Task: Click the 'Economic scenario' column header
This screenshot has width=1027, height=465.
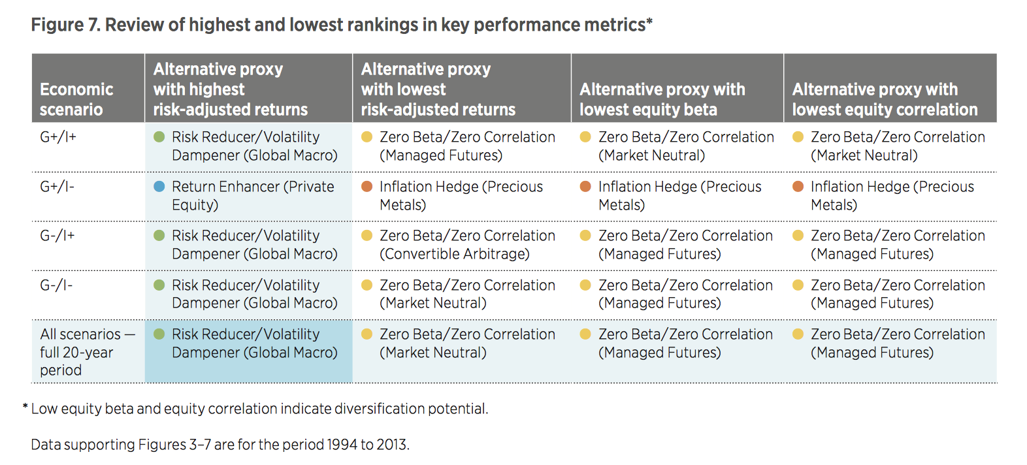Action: pos(76,99)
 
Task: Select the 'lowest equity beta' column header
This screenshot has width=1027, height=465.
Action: pos(662,99)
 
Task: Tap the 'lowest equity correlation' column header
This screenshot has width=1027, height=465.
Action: pos(885,99)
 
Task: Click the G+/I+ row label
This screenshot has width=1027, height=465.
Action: pos(58,137)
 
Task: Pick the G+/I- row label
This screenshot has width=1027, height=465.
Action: pos(57,187)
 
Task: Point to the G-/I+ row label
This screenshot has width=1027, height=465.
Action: pos(57,236)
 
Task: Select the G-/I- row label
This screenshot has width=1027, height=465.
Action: pos(56,285)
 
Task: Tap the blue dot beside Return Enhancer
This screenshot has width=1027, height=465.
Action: pos(159,187)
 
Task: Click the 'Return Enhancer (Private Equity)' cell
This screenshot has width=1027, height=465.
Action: pos(252,195)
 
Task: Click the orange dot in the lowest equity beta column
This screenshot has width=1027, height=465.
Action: pos(585,187)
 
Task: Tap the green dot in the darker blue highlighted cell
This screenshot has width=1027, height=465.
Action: pos(159,334)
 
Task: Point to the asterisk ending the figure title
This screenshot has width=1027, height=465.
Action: pos(649,22)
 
